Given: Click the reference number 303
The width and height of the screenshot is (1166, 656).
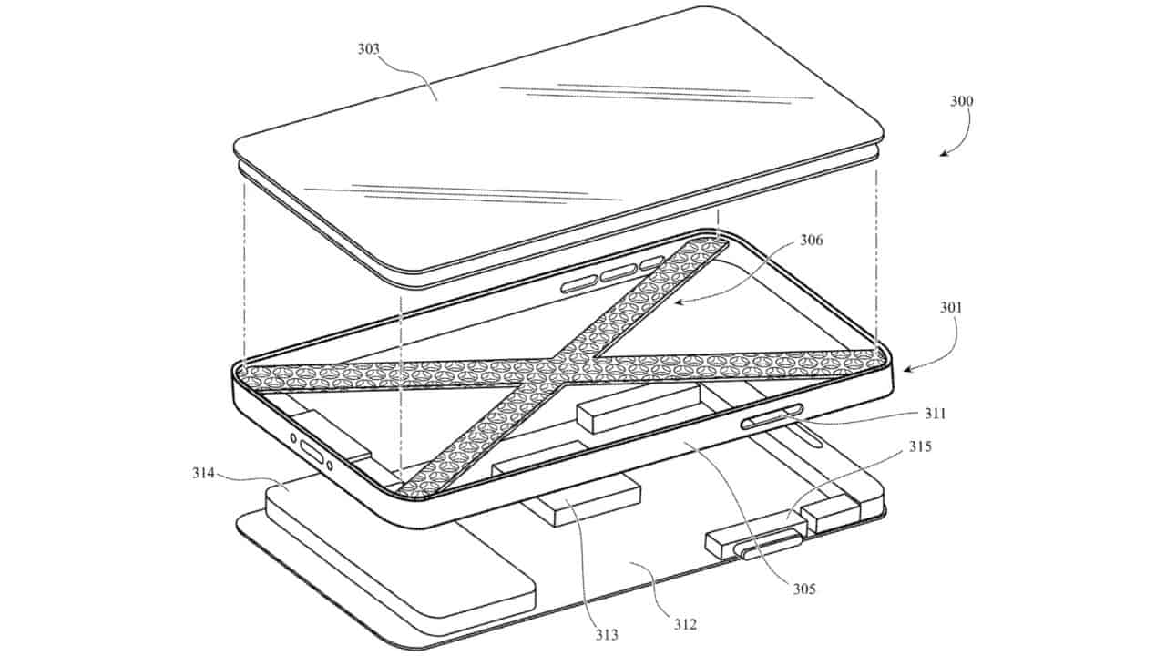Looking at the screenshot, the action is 369,49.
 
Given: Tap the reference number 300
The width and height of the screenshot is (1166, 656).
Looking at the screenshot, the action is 961,101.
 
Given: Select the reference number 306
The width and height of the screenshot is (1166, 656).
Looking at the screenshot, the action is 812,240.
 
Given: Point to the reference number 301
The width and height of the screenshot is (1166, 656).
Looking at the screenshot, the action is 951,308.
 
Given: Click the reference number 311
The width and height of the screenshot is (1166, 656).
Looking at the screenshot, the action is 935,414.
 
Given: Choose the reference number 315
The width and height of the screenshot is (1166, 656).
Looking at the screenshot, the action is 920,446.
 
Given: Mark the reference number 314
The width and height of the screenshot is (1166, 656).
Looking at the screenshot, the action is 203,473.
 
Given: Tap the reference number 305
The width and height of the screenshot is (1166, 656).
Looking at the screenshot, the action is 804,589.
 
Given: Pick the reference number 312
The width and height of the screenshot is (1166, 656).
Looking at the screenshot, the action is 685,624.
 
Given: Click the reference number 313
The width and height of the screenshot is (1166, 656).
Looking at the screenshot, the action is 607,635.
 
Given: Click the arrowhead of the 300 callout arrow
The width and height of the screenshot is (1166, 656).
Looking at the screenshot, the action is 942,154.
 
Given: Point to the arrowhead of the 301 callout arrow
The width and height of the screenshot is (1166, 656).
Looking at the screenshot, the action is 906,370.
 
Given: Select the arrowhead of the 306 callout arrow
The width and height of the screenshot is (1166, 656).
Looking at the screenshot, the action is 677,301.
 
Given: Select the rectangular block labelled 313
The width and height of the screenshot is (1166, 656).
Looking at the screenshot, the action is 589,501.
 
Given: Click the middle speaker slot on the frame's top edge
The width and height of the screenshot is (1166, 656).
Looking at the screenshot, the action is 619,273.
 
